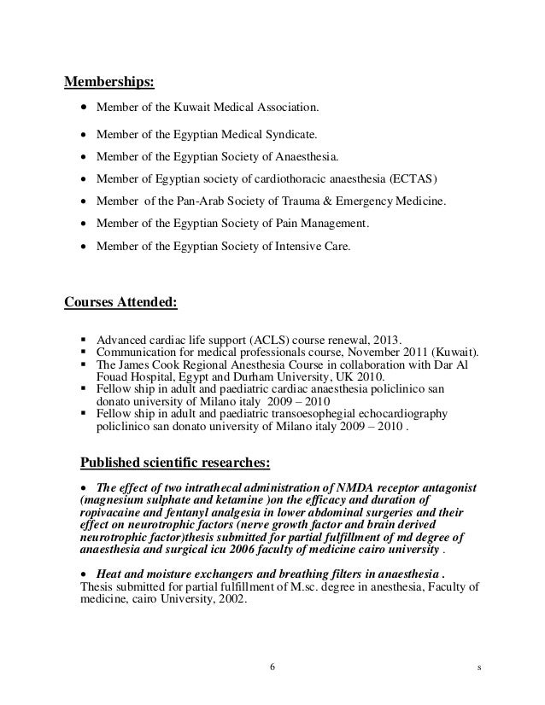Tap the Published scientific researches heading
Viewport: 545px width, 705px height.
[x=174, y=463]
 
